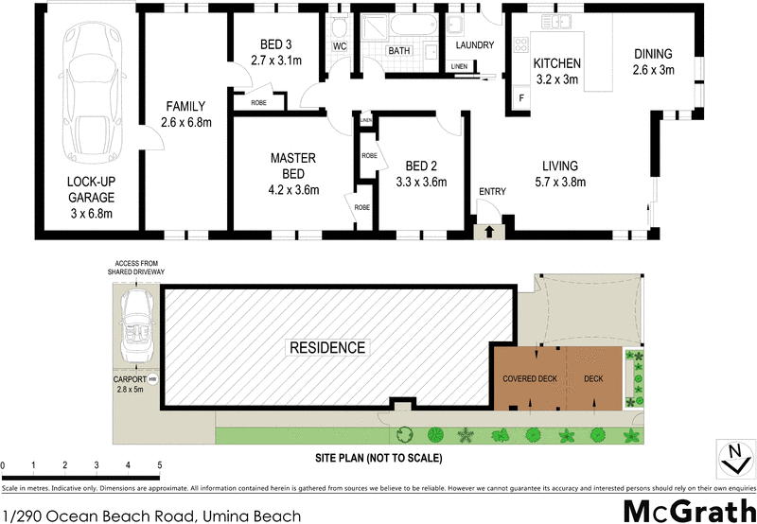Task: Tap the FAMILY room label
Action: pos(185,107)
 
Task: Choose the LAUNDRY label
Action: pos(475,45)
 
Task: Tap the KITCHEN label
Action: pos(556,63)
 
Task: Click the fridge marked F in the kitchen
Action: pos(520,97)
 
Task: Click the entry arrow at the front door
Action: pos(489,230)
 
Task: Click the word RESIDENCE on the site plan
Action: pos(326,348)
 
